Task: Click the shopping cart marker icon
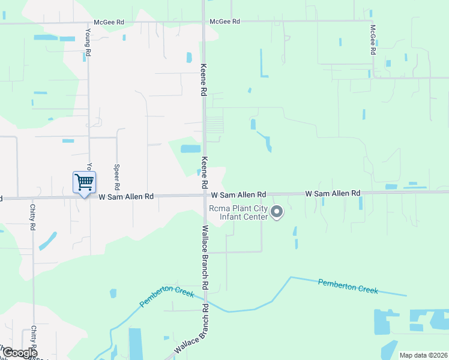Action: point(84,181)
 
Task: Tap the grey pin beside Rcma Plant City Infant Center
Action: point(277,212)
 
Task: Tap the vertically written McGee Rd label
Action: point(373,40)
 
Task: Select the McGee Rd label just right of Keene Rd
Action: point(224,22)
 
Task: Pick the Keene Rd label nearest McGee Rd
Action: point(204,80)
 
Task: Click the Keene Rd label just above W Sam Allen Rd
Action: point(204,171)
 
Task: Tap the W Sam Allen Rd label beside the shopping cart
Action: point(126,196)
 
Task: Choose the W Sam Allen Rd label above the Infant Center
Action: point(238,195)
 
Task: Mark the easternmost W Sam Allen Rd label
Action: point(333,194)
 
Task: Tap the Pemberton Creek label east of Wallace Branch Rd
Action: point(348,286)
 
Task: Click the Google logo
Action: point(19,353)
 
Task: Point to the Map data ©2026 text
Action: point(423,355)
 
